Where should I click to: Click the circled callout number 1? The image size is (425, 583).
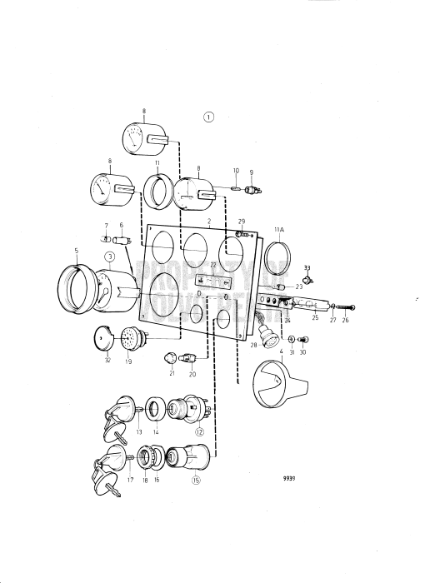coord(208,117)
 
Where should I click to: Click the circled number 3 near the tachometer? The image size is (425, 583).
coord(108,257)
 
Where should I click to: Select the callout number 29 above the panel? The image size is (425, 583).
coord(242,221)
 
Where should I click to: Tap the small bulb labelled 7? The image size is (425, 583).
coord(107,242)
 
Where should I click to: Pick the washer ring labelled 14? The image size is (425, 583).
coord(155,411)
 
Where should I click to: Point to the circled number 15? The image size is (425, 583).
coord(197,481)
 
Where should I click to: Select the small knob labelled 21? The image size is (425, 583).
coord(171,358)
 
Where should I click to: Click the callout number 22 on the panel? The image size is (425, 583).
coord(213,265)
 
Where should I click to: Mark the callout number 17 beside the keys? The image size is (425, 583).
coord(130,481)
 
